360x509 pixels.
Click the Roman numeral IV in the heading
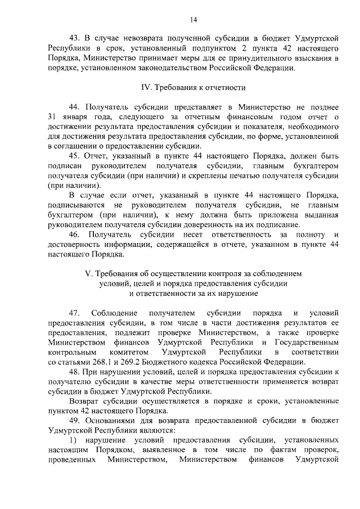point(144,88)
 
